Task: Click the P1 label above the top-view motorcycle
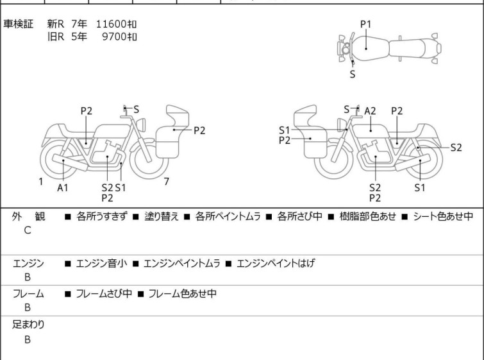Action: [366, 24]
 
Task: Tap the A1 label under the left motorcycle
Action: [63, 187]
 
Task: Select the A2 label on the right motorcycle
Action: [370, 111]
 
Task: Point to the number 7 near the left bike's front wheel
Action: [167, 182]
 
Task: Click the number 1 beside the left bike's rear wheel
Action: [41, 182]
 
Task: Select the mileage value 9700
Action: [114, 37]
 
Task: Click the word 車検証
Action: [18, 24]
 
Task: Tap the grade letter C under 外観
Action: [28, 230]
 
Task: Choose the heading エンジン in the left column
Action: [28, 263]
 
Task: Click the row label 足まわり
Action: [28, 325]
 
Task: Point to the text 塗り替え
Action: [162, 216]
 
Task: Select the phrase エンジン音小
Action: [101, 263]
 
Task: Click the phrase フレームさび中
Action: [104, 293]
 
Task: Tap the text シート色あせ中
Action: [443, 216]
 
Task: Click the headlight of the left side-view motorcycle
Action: [141, 124]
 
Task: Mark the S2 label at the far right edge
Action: [456, 148]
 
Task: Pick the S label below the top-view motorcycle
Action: [353, 74]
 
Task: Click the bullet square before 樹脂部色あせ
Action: [331, 217]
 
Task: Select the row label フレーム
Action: [28, 293]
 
